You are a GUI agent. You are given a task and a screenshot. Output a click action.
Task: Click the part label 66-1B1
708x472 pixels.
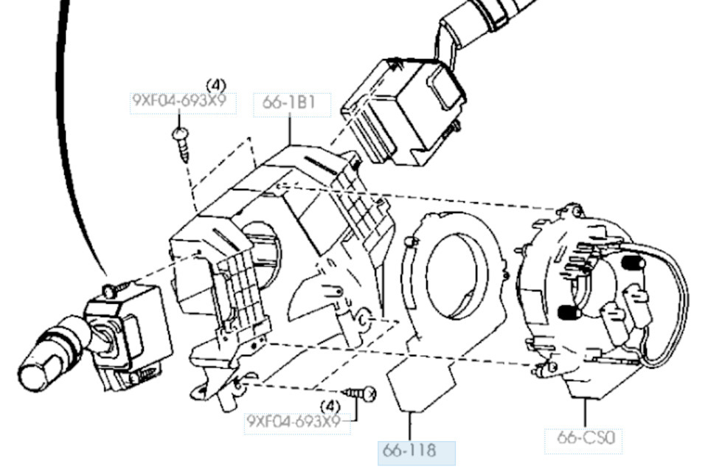(x=289, y=103)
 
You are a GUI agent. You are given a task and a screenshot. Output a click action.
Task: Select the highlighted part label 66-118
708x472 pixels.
(x=409, y=451)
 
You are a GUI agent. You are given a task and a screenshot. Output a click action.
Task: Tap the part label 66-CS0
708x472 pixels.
(x=586, y=437)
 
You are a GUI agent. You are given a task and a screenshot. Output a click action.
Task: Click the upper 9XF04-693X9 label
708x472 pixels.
(x=178, y=100)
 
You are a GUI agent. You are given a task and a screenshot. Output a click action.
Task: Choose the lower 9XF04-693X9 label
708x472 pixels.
(x=294, y=421)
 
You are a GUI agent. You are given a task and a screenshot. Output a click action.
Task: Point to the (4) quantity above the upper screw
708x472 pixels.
(x=216, y=85)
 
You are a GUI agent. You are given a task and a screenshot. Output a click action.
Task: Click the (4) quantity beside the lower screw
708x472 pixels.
(x=330, y=406)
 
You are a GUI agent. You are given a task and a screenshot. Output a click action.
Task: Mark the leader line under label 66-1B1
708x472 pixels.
(x=290, y=130)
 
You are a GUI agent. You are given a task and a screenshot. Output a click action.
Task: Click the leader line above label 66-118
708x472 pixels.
(x=410, y=426)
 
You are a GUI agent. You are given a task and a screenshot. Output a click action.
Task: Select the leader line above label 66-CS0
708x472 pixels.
(x=586, y=413)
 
